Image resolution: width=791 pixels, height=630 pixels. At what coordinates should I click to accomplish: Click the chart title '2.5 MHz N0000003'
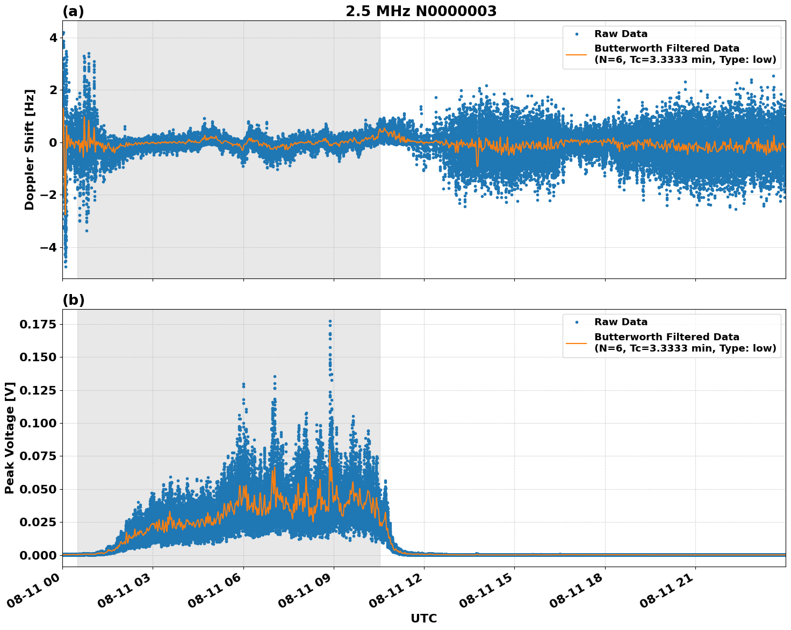421,11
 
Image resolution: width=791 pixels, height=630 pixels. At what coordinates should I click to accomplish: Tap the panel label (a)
73,11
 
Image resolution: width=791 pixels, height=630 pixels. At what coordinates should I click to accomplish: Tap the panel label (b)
73,300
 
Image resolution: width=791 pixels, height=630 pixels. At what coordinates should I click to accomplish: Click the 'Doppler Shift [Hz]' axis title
30,149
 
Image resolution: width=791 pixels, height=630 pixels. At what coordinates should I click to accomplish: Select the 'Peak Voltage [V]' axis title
10,438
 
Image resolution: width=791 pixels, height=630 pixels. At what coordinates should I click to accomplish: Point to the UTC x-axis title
423,618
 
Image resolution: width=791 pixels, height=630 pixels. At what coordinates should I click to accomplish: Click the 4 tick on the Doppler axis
53,38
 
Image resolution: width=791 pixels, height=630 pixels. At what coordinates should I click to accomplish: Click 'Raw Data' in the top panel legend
621,34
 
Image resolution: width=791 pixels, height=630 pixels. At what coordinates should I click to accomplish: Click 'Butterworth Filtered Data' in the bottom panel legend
666,337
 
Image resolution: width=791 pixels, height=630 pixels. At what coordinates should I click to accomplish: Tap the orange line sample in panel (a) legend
576,54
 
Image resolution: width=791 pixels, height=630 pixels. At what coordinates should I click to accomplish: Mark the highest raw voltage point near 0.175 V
330,321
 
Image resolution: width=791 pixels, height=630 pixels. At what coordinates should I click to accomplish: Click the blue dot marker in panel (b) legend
576,323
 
